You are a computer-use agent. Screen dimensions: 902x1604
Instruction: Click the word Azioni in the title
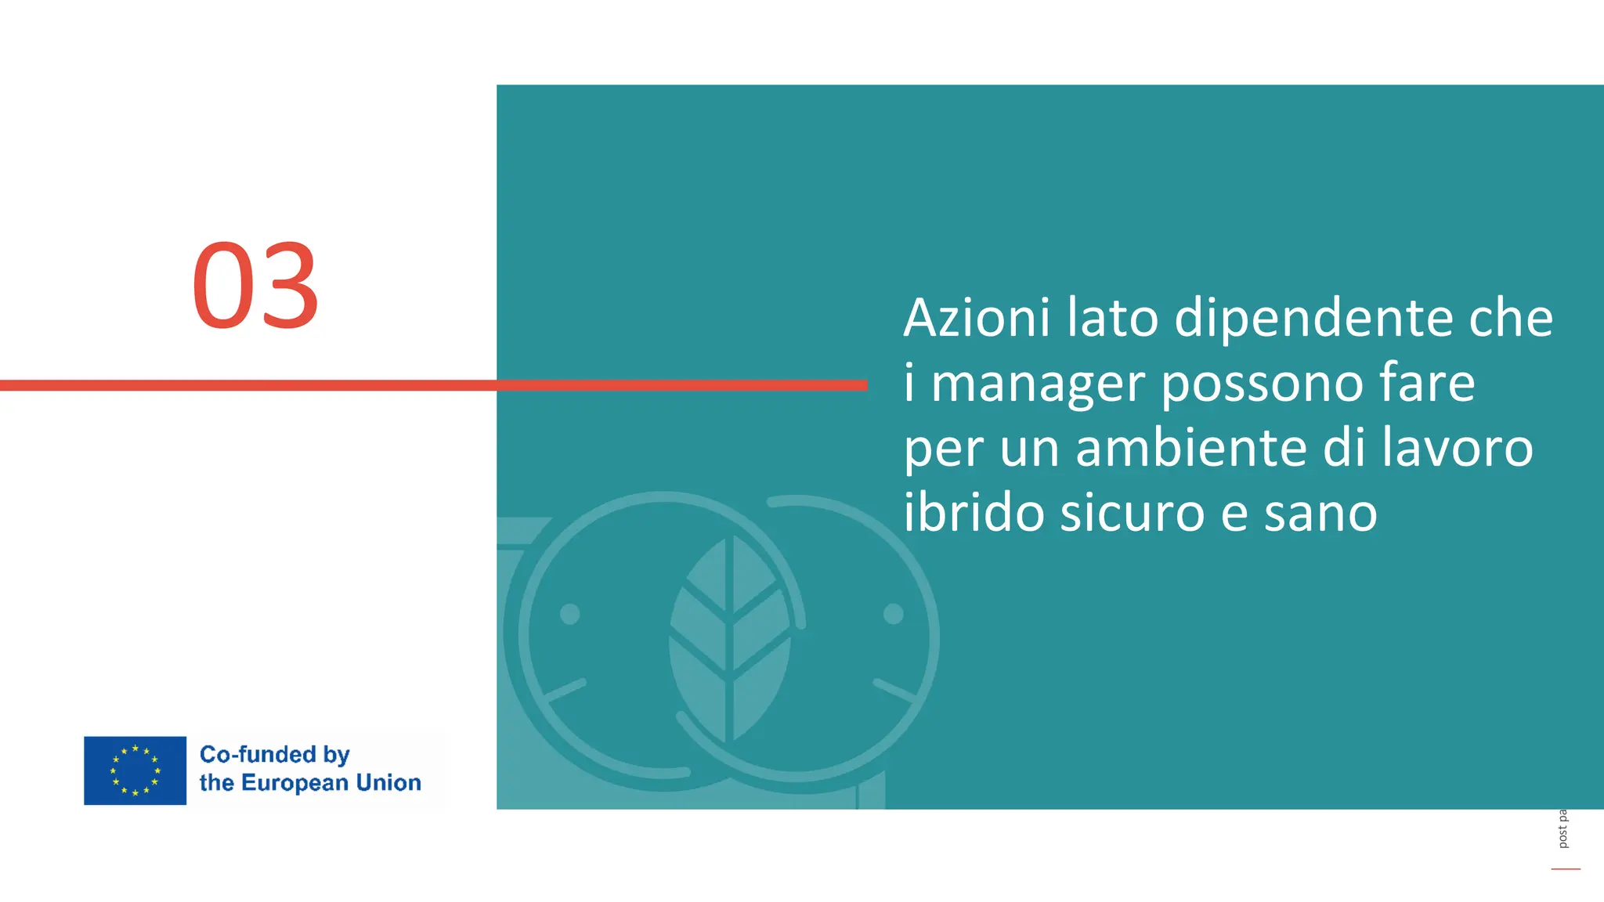click(x=976, y=318)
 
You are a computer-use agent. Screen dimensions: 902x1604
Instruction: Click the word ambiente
click(x=1191, y=448)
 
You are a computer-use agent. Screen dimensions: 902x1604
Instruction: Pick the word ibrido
click(x=974, y=513)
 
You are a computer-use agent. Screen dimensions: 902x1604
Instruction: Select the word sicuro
click(x=1132, y=513)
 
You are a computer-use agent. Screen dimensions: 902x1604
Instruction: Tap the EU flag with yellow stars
click(x=135, y=770)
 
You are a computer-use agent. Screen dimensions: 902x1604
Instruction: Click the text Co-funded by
click(x=274, y=755)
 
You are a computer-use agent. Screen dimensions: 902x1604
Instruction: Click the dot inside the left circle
click(x=570, y=614)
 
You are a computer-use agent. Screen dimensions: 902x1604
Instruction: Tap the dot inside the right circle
click(x=893, y=614)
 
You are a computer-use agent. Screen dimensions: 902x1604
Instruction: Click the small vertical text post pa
click(x=1562, y=829)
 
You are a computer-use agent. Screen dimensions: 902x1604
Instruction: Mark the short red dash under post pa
click(x=1565, y=869)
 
